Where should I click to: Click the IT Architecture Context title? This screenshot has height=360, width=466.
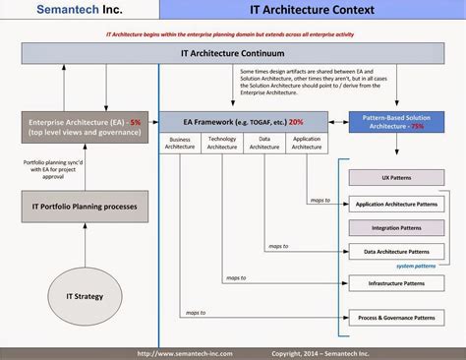click(311, 12)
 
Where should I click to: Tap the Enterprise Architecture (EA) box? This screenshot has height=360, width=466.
click(83, 129)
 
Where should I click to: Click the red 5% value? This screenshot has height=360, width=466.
click(135, 123)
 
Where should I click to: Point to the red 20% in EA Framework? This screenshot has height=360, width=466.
click(296, 123)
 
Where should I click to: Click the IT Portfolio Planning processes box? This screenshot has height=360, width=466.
click(83, 206)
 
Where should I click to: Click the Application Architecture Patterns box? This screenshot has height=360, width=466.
click(395, 206)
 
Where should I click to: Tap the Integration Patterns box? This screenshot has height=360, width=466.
click(395, 228)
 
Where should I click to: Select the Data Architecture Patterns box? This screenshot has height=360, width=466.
click(395, 251)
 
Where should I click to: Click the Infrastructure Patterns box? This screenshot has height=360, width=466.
click(395, 283)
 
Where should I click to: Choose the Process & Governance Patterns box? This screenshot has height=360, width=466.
click(395, 317)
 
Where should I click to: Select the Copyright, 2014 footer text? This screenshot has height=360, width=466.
click(325, 353)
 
